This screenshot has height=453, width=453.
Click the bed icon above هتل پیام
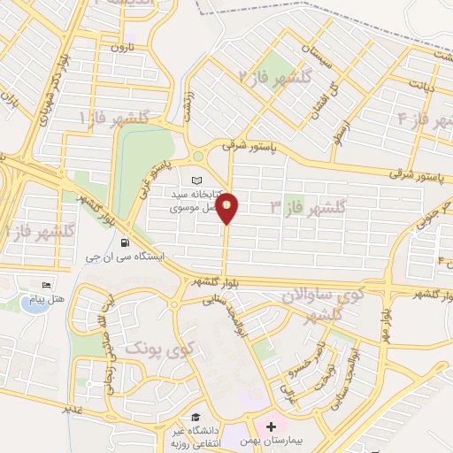[x=47, y=285]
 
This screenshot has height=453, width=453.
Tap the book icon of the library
[x=196, y=180]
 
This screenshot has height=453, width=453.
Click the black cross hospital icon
[x=272, y=426]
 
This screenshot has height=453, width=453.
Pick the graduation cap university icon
[x=191, y=418]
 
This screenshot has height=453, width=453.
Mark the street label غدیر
[x=73, y=410]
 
